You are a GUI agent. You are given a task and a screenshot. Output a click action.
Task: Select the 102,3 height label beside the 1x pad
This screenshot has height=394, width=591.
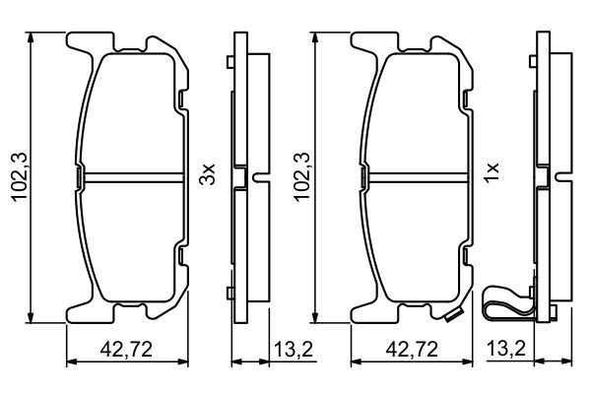302,177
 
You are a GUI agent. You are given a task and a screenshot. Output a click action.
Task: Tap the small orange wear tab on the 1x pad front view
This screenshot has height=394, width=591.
454,317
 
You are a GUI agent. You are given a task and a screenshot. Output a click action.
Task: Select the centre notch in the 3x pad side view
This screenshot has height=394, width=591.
257,178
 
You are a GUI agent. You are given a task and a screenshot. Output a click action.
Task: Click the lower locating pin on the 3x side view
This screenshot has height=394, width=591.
229,293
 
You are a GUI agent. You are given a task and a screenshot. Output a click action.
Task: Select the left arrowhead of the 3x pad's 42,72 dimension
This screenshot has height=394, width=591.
69,363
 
